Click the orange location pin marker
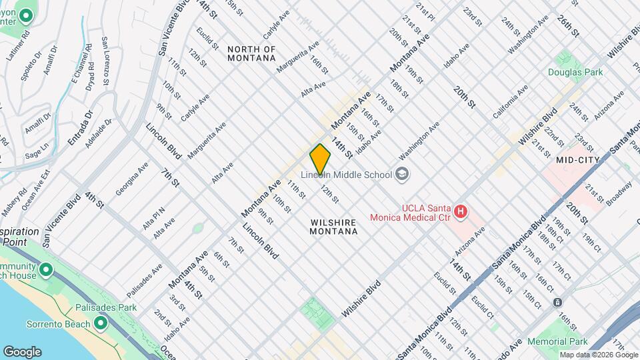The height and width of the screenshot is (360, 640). (320, 159)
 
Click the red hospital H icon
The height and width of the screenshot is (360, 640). (459, 213)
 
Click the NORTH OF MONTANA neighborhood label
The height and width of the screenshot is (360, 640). (251, 53)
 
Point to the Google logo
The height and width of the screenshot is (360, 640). (22, 351)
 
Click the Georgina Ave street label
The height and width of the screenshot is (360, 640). (131, 179)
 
